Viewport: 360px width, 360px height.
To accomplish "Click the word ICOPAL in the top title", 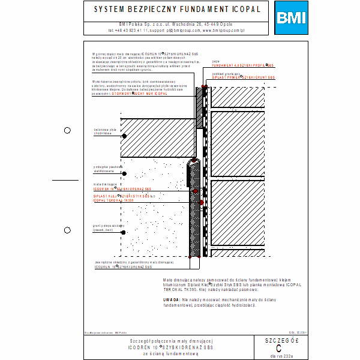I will point(244,10).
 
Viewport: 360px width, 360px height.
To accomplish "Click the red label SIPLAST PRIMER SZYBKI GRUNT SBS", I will point(244,78).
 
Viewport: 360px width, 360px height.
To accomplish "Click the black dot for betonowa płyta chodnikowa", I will point(124,137).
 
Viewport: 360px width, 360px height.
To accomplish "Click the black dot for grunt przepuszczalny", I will point(124,228).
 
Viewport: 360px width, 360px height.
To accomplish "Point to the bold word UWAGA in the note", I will point(171,298).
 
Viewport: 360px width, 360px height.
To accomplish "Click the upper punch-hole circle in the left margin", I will point(67,130).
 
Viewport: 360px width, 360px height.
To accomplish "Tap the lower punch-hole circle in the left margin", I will point(67,230).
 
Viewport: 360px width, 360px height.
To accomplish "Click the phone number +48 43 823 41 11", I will point(128,29).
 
